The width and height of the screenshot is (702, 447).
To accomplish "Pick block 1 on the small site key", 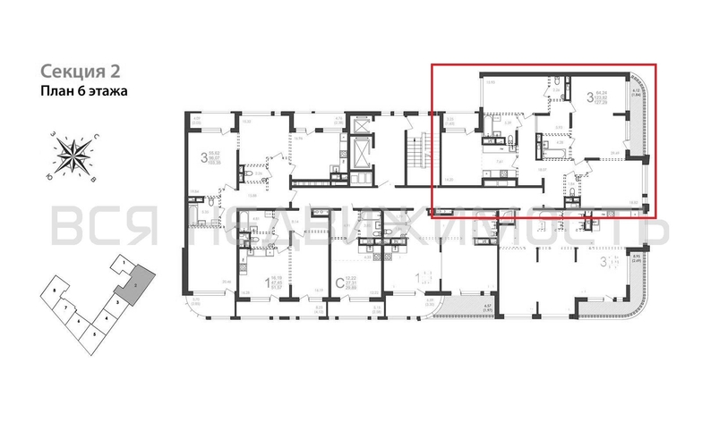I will (x=117, y=263).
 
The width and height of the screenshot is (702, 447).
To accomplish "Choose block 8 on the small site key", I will (x=56, y=292).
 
